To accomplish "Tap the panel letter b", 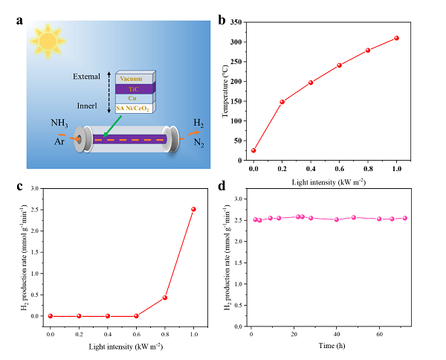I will [x=221, y=20].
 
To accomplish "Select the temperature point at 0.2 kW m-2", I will [x=282, y=102].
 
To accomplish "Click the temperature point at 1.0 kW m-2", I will [x=397, y=38].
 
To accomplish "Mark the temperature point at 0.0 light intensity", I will [x=253, y=150].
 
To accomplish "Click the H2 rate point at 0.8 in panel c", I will [x=165, y=298].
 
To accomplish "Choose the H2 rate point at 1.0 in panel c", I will [x=193, y=209].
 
